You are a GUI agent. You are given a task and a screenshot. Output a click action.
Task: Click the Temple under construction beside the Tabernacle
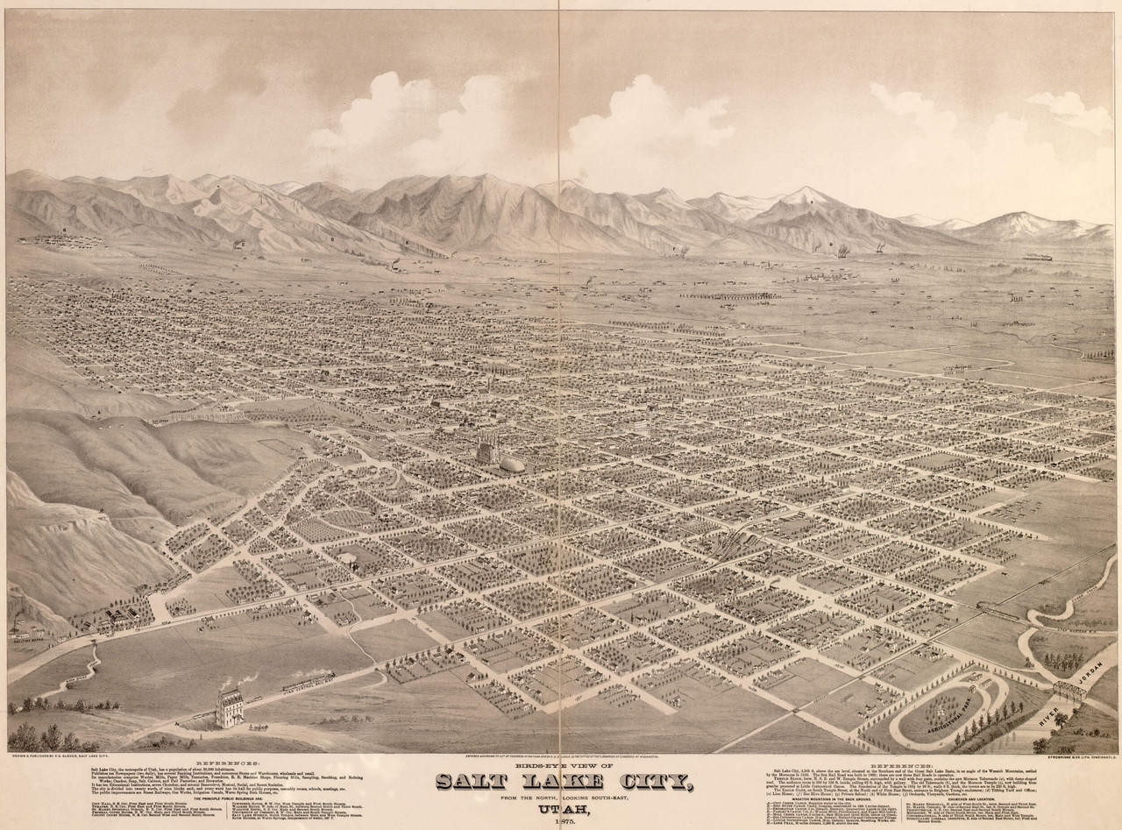485,453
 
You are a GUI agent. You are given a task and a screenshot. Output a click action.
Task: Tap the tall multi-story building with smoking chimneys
231,708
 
